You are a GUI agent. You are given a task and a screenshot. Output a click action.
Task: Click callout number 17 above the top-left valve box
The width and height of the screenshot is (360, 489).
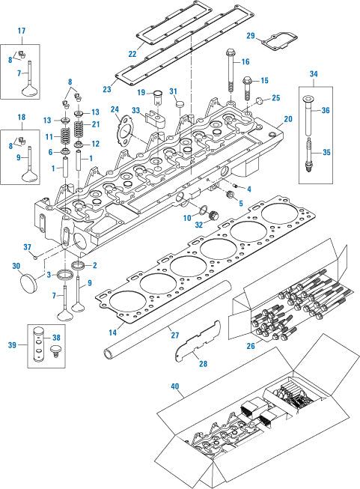pyautogui.click(x=22, y=31)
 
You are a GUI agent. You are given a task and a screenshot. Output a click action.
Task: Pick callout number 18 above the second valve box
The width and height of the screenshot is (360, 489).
pyautogui.click(x=22, y=117)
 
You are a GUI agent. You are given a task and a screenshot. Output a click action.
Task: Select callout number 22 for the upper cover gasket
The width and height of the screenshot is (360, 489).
pyautogui.click(x=132, y=54)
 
